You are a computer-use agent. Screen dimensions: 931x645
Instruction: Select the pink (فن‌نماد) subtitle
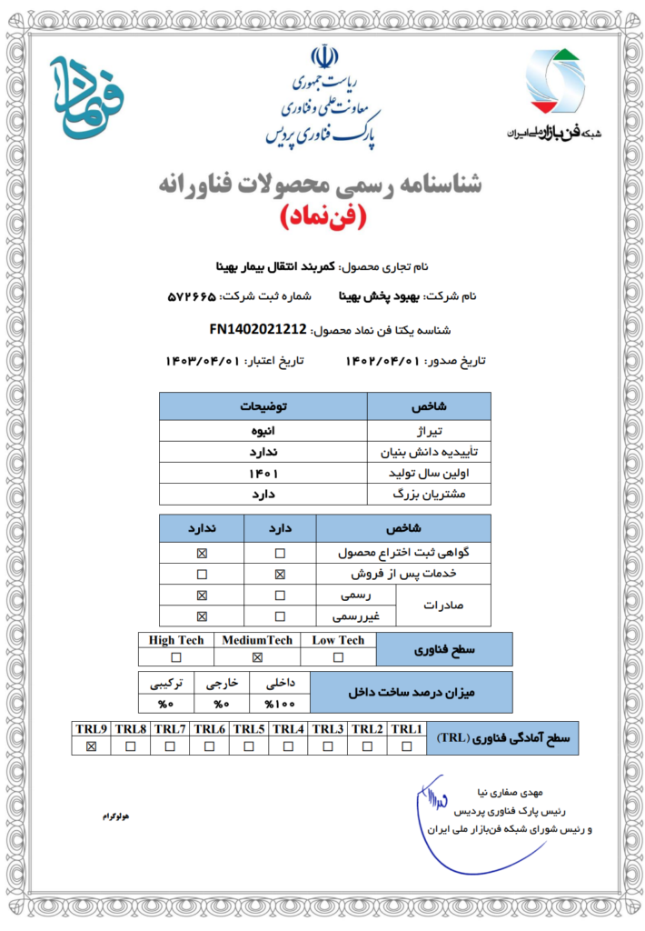(322, 217)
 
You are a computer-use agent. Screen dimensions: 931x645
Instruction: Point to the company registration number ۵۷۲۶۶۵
(197, 297)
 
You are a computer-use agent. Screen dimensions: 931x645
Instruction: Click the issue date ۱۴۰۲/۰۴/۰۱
(382, 361)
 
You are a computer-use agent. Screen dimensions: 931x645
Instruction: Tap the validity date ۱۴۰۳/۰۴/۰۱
(202, 361)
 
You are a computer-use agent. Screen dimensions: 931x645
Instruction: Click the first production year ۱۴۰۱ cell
(263, 474)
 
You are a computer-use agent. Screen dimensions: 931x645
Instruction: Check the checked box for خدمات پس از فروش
(280, 575)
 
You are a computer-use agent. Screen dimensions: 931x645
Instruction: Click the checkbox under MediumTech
(257, 657)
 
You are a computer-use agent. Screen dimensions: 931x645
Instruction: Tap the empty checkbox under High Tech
(176, 657)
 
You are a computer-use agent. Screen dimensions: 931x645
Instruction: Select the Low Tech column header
(338, 640)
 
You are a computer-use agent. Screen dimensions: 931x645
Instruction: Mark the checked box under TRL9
(91, 746)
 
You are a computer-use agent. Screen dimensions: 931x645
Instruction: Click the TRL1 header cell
(407, 729)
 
